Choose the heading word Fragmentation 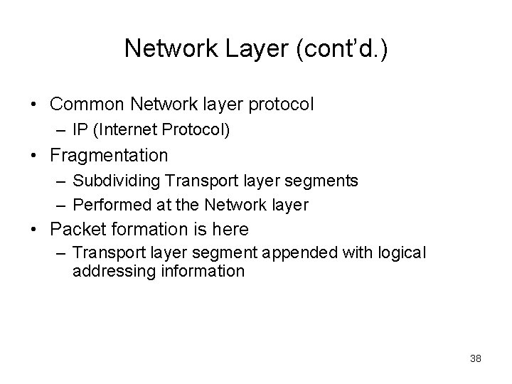click(109, 155)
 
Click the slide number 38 click(475, 358)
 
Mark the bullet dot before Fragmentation click(33, 156)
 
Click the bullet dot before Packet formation click(33, 230)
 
